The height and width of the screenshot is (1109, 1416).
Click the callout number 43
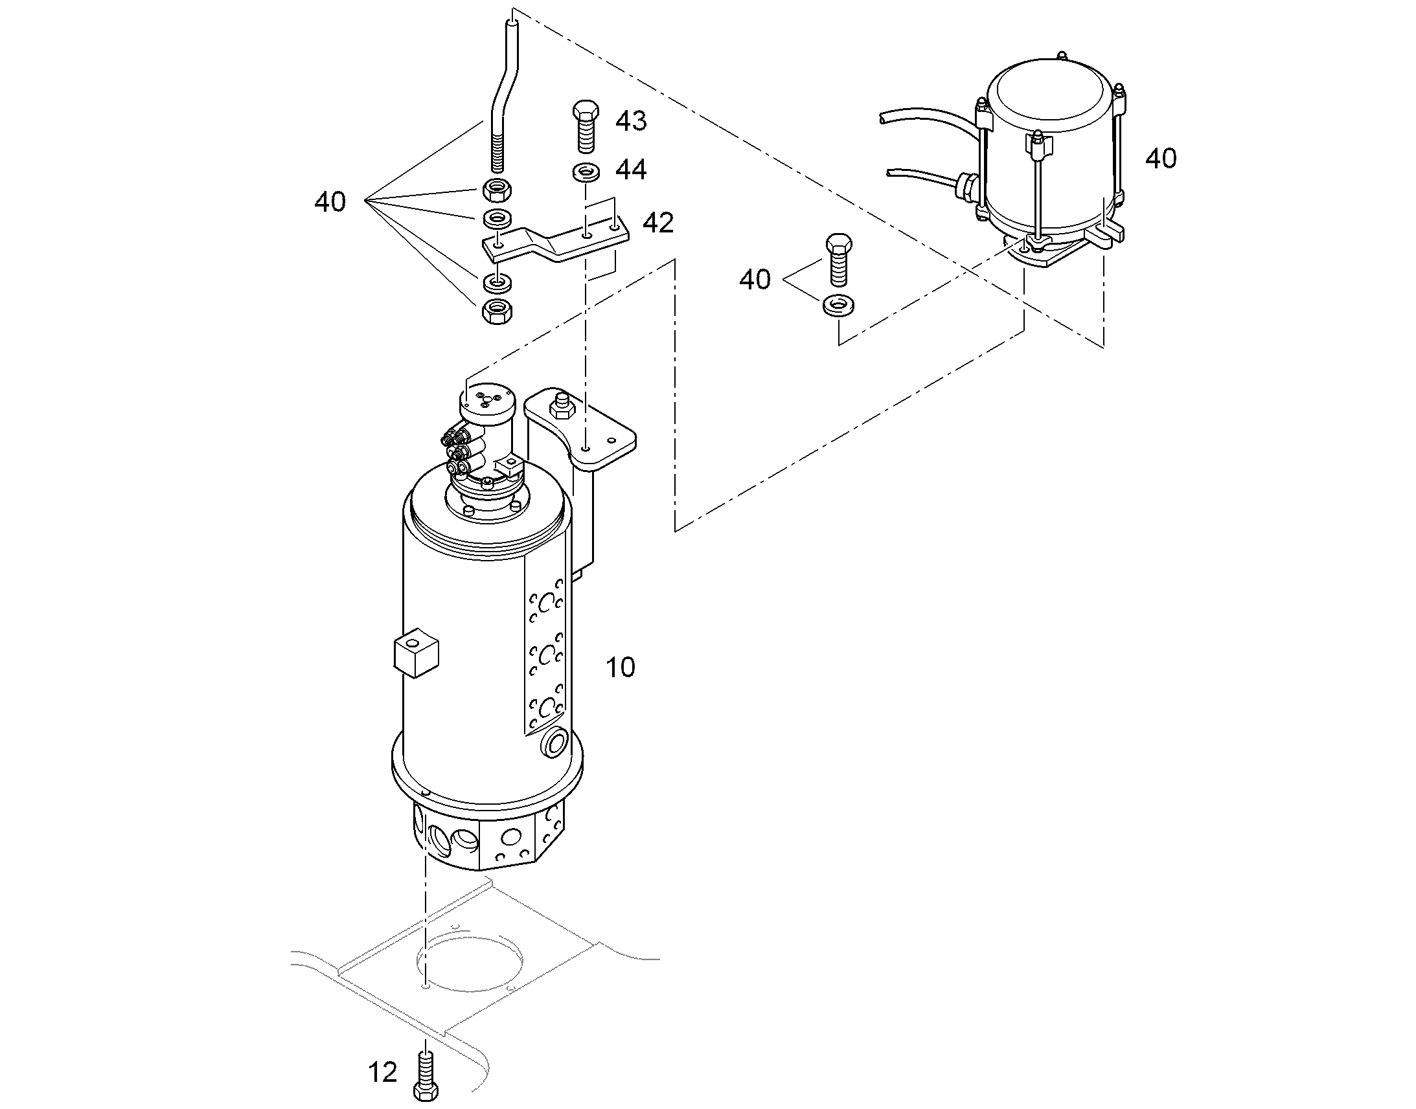point(631,122)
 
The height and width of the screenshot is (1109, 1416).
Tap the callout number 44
point(631,170)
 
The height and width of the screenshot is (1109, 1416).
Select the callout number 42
point(658,223)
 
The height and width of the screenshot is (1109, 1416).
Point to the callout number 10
point(621,667)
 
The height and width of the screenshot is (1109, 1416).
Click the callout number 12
point(382,1072)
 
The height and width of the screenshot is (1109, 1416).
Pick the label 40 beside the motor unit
point(1161,159)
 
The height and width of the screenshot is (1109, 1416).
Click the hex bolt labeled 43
point(586,127)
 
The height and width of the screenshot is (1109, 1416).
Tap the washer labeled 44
point(586,173)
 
